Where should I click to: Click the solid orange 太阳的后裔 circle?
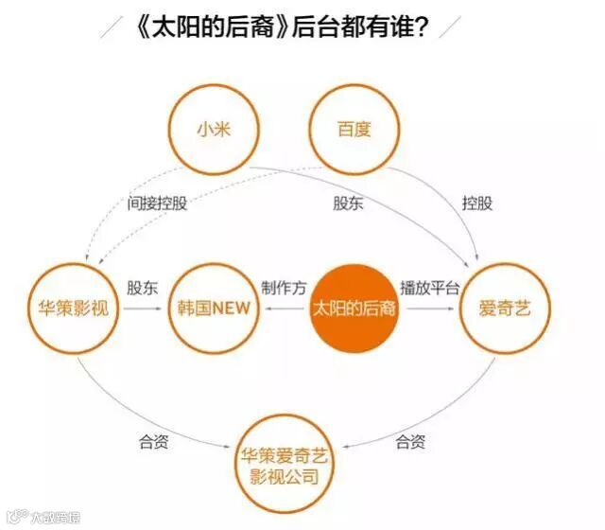pyautogui.click(x=354, y=309)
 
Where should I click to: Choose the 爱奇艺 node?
pyautogui.click(x=503, y=309)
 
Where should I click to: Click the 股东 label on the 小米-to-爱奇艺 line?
pyautogui.click(x=348, y=203)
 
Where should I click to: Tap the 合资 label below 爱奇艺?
pyautogui.click(x=410, y=440)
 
